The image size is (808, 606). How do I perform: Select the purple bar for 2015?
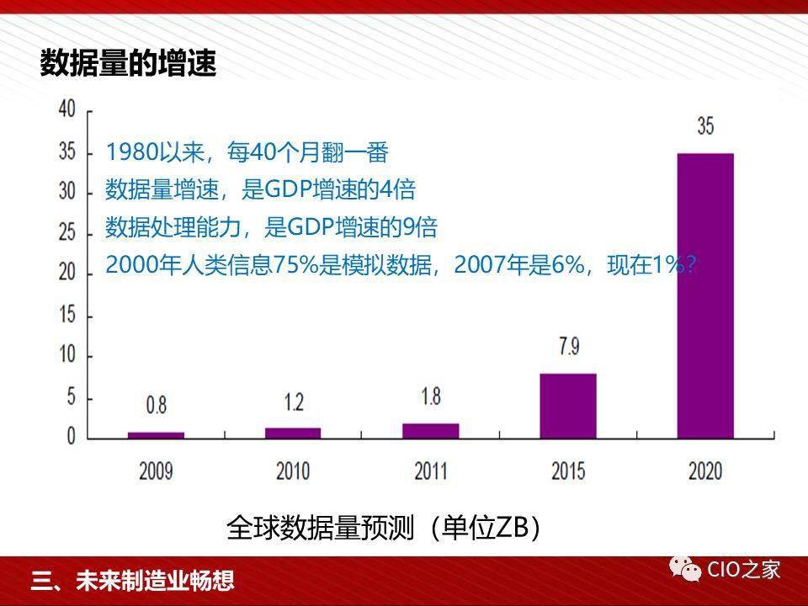(567, 406)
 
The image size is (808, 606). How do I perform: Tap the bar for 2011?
(430, 431)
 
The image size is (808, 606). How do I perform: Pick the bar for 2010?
(293, 433)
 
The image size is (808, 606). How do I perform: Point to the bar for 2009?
(156, 435)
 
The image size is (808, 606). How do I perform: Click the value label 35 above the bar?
(705, 126)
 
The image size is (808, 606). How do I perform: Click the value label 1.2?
(293, 401)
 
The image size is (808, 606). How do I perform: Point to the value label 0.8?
(156, 406)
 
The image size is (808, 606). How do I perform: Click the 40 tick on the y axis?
(66, 108)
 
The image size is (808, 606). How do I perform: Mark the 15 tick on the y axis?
(66, 314)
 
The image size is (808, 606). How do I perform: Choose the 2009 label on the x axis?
(156, 470)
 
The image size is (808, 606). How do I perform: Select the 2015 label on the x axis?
(567, 470)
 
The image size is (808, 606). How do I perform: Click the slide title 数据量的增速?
(128, 64)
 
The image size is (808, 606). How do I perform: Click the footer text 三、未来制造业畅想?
(132, 581)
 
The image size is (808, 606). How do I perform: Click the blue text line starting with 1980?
(247, 152)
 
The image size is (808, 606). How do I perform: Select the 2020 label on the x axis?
(705, 470)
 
